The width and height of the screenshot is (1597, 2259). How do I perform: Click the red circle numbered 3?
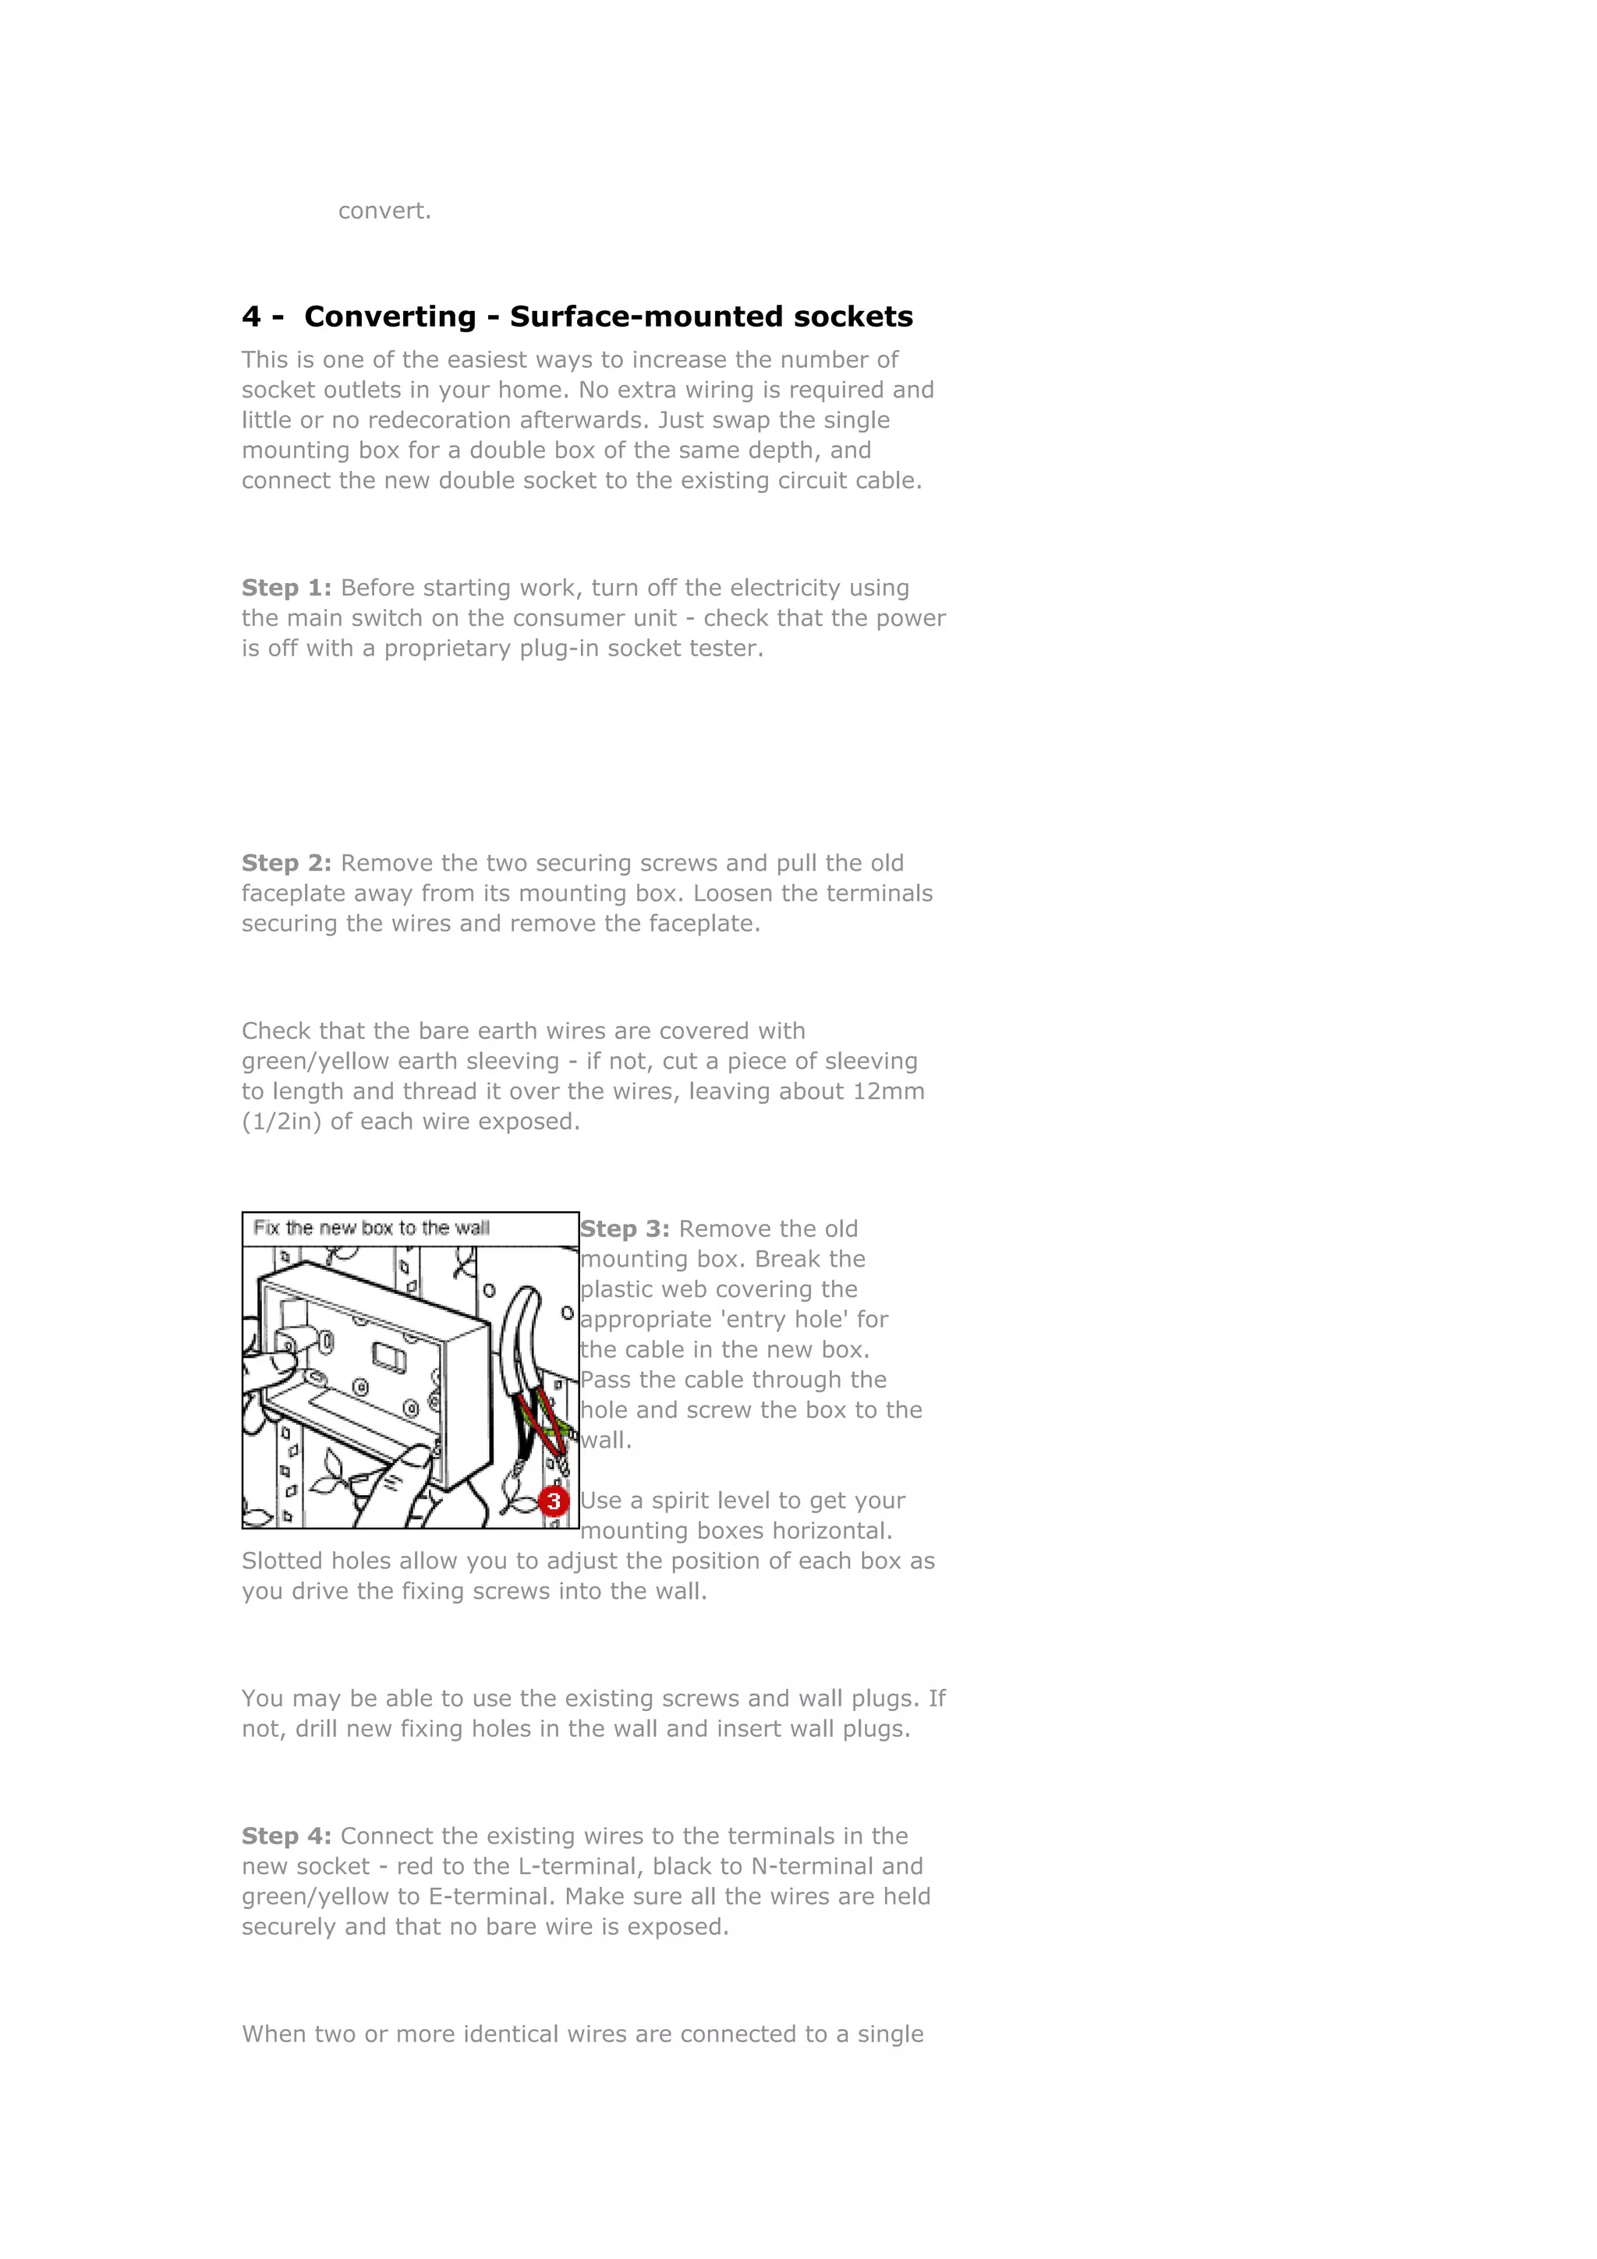tap(554, 1501)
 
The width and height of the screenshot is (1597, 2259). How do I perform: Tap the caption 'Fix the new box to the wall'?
tap(371, 1228)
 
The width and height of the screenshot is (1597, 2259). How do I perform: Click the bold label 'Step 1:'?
tap(286, 588)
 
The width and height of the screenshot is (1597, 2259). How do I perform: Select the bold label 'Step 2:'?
tap(286, 863)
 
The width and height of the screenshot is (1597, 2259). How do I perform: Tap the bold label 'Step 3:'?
tap(625, 1228)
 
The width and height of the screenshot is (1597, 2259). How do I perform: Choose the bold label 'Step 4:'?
tap(286, 1836)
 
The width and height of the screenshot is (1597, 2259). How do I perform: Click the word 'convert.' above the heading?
tap(384, 210)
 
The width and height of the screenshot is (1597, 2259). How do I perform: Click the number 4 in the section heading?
tap(252, 316)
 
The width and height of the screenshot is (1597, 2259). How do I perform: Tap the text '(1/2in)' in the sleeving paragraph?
tap(282, 1122)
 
